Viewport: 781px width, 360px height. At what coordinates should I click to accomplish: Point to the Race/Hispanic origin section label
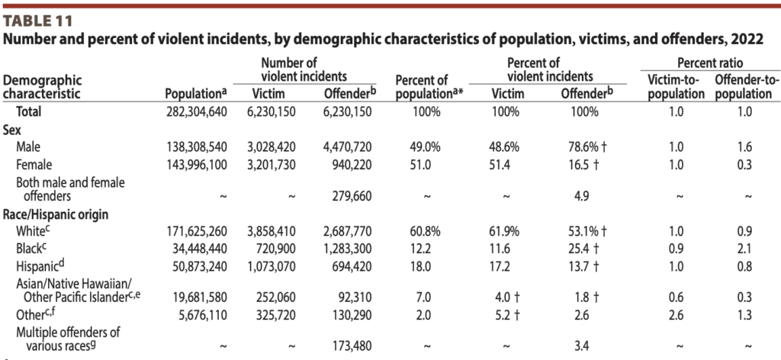coord(57,214)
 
